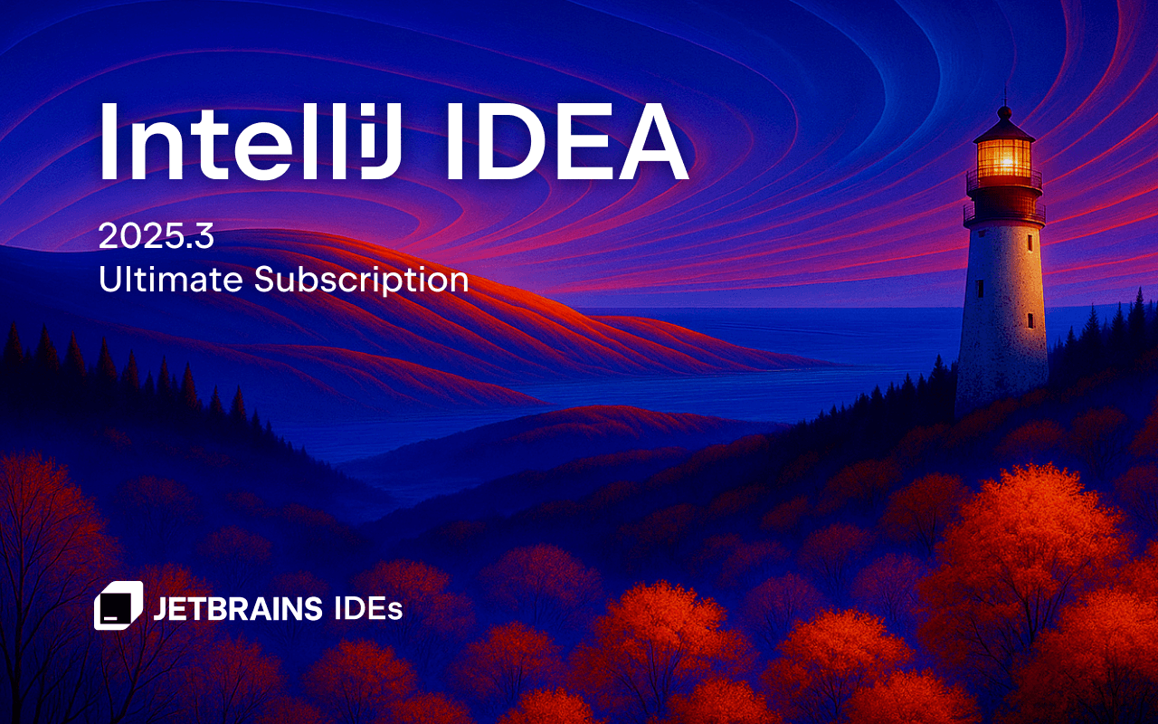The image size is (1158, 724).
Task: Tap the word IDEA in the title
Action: coord(566,140)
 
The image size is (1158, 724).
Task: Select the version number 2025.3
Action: coord(156,237)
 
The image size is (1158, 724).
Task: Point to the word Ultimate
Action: coord(171,279)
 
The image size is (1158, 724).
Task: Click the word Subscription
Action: coord(361,281)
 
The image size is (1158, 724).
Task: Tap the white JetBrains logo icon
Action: coord(119,605)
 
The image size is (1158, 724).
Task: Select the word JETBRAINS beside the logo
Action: coord(238,609)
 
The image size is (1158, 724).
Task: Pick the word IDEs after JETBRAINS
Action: coord(367,609)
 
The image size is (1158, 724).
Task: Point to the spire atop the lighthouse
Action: coord(1003,98)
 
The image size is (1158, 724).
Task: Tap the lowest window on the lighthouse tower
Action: coord(1030,319)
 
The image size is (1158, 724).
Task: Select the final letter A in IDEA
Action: coord(646,140)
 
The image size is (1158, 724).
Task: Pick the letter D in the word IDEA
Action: coord(507,140)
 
